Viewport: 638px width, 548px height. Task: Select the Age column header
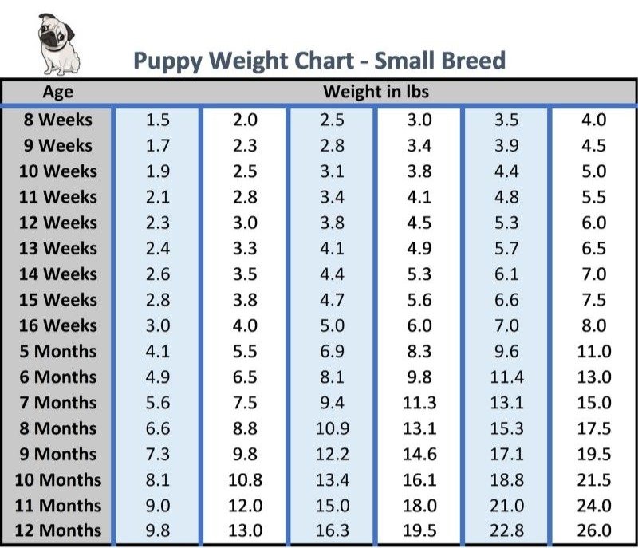57,92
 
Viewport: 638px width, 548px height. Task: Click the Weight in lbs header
375,92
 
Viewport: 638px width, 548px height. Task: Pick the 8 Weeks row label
57,120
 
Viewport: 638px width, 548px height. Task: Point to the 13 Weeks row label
57,248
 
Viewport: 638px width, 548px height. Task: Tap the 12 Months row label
59,530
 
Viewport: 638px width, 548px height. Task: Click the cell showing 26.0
593,530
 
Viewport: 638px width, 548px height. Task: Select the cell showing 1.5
158,120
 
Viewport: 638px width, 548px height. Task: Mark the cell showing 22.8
506,530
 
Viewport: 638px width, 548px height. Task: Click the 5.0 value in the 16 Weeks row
332,325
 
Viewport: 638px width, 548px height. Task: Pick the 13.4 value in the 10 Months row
332,479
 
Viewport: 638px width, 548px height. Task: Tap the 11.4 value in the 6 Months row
506,377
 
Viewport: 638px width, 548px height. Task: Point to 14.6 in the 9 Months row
419,454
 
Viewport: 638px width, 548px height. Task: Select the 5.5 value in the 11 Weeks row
593,197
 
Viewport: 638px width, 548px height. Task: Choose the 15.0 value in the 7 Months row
593,402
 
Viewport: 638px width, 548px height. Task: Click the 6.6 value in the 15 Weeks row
506,300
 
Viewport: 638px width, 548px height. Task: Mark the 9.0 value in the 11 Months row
158,505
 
